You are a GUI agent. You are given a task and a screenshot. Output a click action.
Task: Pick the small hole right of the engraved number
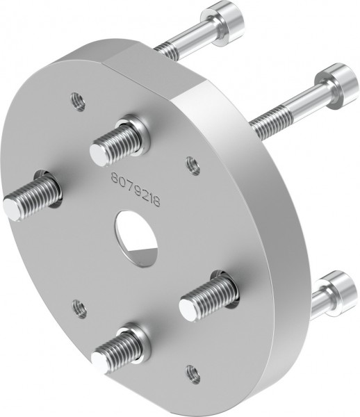point(193,164)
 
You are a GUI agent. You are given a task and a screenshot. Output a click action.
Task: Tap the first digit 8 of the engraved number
point(115,179)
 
